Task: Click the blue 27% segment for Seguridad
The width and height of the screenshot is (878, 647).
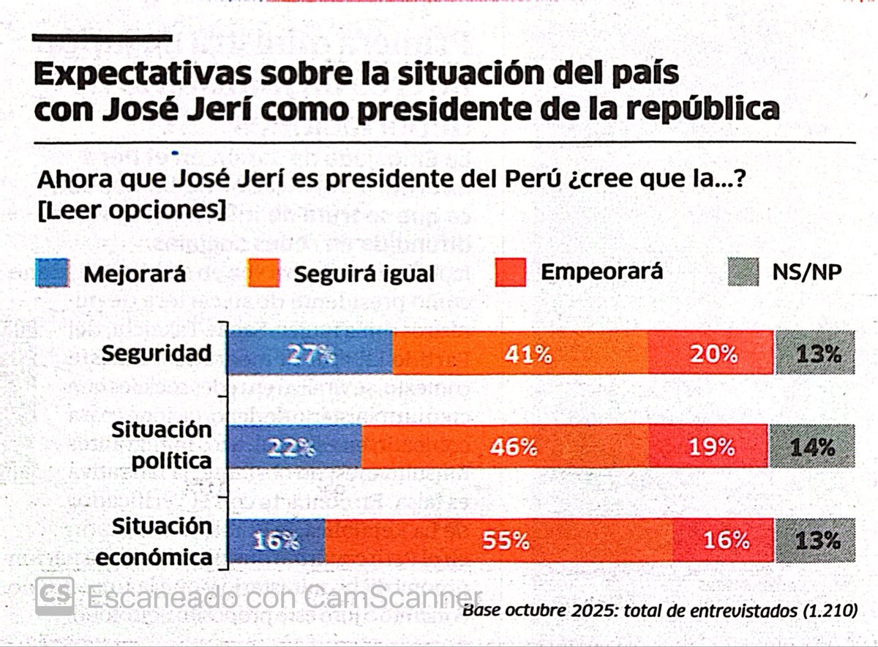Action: click(x=311, y=354)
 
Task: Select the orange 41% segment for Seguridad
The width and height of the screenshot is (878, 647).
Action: click(x=520, y=354)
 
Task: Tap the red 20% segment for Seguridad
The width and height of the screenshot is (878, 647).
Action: click(x=710, y=354)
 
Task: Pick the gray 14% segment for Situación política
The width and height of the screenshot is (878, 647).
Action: click(x=812, y=446)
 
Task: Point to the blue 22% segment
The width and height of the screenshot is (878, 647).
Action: click(x=296, y=446)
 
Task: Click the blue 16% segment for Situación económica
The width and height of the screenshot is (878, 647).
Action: click(x=277, y=541)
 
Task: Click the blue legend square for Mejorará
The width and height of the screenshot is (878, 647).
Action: click(x=53, y=274)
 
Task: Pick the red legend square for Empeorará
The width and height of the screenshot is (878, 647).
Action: click(x=510, y=272)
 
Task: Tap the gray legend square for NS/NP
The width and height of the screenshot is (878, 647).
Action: click(x=748, y=272)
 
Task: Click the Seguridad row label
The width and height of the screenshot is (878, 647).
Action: click(x=157, y=354)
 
